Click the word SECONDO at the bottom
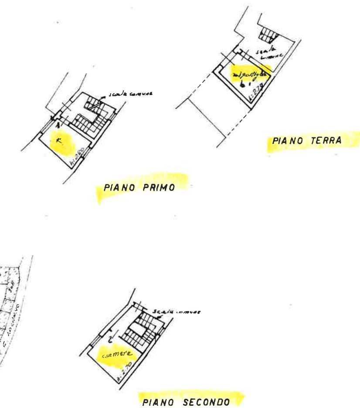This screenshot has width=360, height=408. (x=208, y=401)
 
